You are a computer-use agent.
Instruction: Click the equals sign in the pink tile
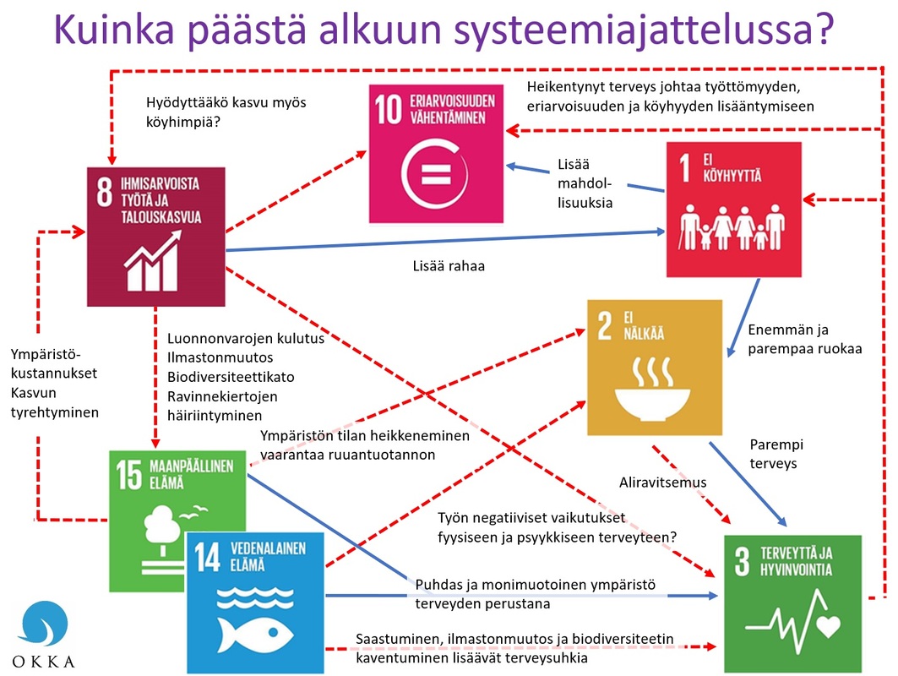click(438, 178)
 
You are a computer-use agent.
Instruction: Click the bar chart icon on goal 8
click(151, 262)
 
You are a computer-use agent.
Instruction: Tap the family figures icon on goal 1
click(732, 228)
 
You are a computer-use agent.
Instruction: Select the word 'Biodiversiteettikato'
click(230, 376)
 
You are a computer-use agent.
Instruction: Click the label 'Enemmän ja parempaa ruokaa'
click(803, 340)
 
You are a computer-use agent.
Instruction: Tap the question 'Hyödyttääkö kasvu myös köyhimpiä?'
click(226, 112)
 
